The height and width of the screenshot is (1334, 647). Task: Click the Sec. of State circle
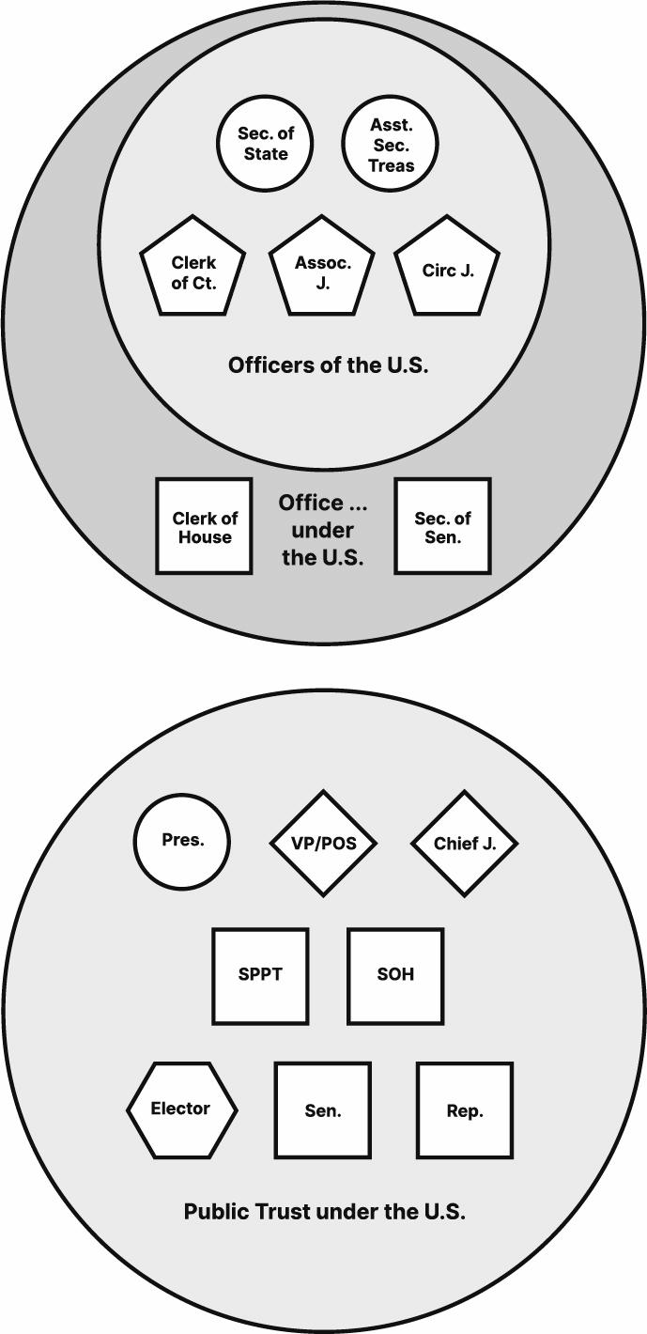[266, 144]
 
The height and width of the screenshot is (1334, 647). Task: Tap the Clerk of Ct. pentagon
[193, 271]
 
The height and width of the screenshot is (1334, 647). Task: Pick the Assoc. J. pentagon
[322, 271]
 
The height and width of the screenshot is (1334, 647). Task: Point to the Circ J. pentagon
[447, 271]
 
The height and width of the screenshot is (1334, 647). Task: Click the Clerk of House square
[204, 526]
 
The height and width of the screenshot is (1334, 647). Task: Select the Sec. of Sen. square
[442, 526]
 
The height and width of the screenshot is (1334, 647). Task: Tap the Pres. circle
[182, 841]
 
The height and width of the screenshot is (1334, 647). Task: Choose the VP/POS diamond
[323, 843]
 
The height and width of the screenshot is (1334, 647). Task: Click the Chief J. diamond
[464, 843]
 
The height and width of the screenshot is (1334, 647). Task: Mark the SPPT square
[260, 975]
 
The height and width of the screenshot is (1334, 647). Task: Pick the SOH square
[395, 975]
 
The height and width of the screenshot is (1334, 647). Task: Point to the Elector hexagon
[181, 1109]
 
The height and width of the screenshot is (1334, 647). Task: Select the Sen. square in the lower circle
[323, 1109]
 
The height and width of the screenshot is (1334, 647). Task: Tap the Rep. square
[465, 1109]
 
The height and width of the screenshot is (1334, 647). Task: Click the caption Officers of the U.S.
[328, 365]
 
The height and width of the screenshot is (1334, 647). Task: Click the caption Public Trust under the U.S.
[324, 1211]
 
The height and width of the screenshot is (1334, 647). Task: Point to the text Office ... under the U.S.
[323, 530]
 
